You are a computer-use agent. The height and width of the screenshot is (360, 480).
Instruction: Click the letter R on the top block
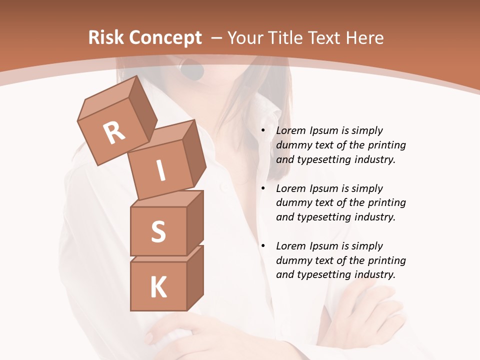click(x=114, y=133)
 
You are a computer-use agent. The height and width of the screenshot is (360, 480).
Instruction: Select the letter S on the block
click(x=158, y=231)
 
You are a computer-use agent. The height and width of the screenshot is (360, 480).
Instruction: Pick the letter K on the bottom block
click(x=158, y=287)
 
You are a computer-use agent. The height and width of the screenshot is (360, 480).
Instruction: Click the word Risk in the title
click(x=106, y=38)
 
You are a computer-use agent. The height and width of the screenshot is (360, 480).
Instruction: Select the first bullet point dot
click(x=263, y=130)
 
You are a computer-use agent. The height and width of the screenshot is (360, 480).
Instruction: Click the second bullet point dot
click(x=263, y=188)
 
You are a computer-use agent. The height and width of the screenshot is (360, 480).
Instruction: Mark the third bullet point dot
click(x=263, y=246)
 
